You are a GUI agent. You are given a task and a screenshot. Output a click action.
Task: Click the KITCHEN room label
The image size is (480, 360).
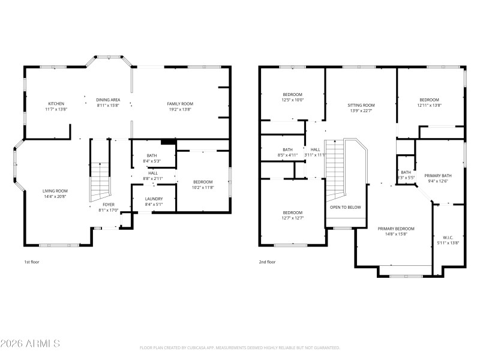(x=56, y=104)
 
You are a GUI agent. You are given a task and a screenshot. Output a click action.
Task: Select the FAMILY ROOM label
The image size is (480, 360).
(x=180, y=104)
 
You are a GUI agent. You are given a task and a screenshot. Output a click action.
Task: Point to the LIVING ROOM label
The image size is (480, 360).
(x=55, y=191)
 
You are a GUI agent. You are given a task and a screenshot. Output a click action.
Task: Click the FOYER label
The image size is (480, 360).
(x=108, y=205)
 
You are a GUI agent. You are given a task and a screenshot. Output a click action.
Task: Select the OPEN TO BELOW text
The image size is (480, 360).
(x=345, y=207)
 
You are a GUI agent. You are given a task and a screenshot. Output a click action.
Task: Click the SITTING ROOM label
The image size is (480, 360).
(x=361, y=105)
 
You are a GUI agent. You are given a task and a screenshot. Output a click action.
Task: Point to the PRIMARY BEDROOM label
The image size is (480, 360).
(x=395, y=229)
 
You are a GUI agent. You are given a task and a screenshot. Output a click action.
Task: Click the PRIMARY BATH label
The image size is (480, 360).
(x=438, y=176)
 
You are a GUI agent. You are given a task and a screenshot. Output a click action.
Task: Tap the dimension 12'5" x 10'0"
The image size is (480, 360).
(x=293, y=100)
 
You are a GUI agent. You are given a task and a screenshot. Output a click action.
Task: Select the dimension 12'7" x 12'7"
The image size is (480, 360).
(x=293, y=218)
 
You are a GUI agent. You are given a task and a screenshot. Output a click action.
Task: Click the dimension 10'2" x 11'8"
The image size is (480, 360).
(x=203, y=187)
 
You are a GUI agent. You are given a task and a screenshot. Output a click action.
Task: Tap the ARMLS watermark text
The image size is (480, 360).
(x=30, y=344)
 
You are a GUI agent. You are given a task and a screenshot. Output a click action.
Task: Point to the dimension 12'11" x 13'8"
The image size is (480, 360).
(x=429, y=105)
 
